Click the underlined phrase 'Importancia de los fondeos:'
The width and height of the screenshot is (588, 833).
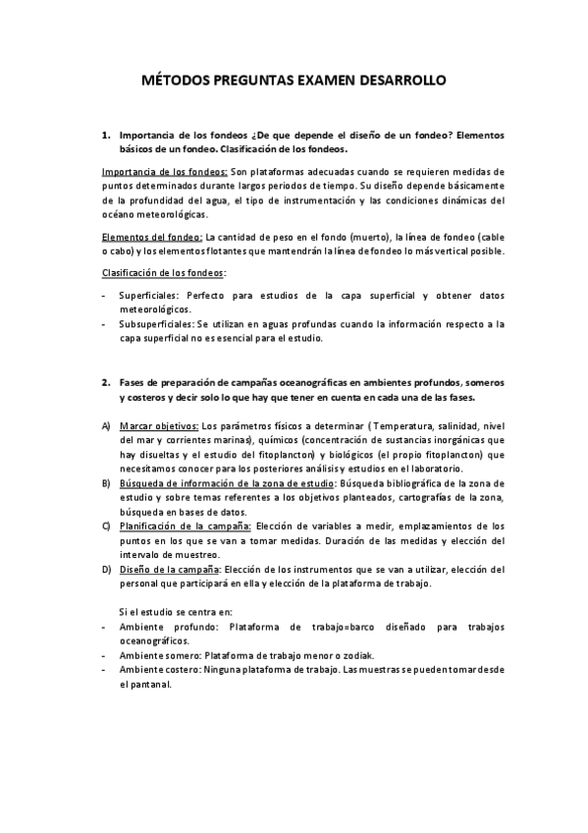pos(165,172)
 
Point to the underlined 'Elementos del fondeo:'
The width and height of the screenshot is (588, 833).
pos(152,237)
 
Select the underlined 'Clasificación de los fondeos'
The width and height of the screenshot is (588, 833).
pos(163,272)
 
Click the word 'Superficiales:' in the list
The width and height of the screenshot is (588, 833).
pos(149,294)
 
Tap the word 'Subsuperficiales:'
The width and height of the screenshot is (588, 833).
pos(157,323)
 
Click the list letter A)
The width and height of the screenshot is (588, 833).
pos(106,426)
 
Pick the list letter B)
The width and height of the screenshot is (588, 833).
pos(106,483)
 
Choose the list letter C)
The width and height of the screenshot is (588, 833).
pos(106,527)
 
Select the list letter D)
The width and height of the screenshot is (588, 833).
pos(106,569)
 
